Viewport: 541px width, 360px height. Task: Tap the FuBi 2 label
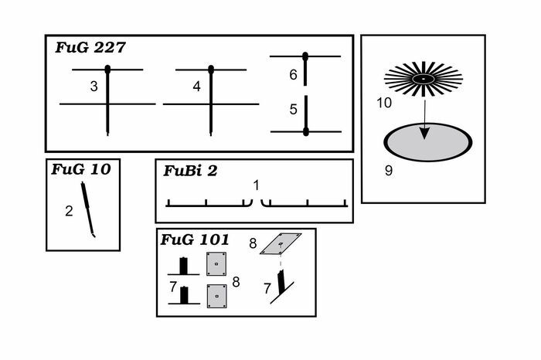tap(190, 171)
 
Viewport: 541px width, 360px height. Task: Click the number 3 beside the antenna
tap(94, 87)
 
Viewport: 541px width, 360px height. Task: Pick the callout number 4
tap(196, 87)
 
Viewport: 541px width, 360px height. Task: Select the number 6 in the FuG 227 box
tap(293, 75)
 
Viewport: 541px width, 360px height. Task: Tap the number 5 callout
tap(293, 110)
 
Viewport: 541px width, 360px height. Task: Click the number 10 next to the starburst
tap(384, 102)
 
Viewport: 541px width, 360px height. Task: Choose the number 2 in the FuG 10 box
tap(69, 210)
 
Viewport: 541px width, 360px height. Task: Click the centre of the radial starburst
tap(423, 79)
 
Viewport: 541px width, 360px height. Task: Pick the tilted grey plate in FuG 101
tap(281, 243)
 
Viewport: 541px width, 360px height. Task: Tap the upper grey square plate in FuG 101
tap(216, 263)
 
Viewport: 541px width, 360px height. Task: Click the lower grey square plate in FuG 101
tap(216, 295)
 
